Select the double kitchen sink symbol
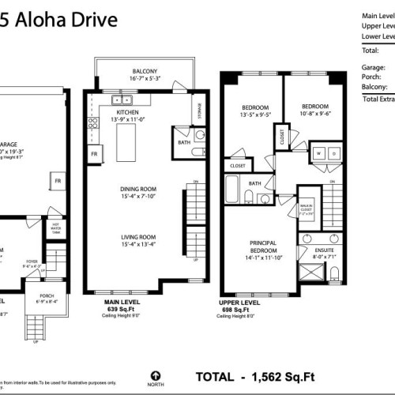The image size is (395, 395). click(122, 100)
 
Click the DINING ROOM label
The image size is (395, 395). click(137, 189)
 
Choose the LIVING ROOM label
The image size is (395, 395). click(137, 236)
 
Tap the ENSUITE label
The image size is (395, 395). click(318, 250)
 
